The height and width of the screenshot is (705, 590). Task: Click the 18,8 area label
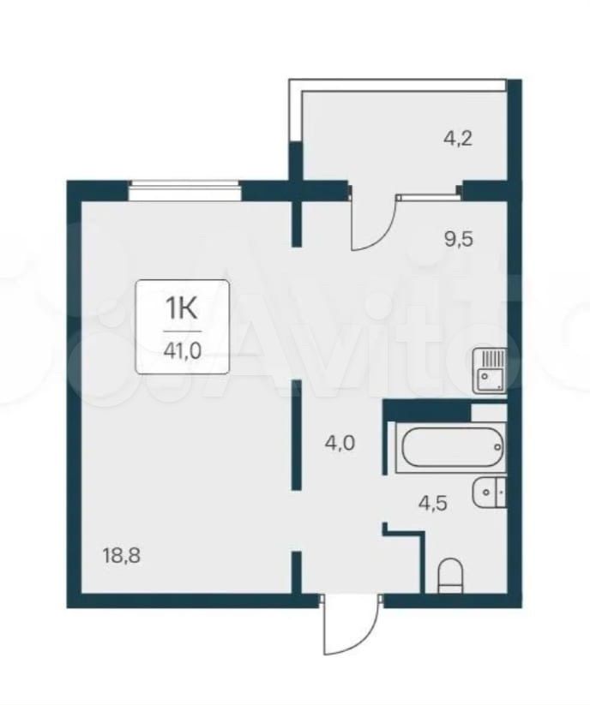tap(122, 556)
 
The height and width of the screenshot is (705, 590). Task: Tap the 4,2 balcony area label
tap(457, 139)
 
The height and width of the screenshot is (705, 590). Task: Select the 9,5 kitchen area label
tap(458, 239)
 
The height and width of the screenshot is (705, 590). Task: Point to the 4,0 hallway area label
tap(340, 444)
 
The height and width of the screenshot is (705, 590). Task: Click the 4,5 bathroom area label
tap(432, 503)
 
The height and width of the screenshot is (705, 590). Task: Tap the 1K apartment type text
tap(182, 308)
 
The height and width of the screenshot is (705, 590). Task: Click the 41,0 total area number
tap(183, 350)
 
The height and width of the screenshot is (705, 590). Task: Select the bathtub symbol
tap(451, 447)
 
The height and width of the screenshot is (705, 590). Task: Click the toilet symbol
tap(450, 576)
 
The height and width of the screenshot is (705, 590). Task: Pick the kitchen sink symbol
tap(490, 372)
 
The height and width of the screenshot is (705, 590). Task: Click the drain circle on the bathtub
tap(497, 447)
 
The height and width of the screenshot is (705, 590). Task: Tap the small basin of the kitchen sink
tap(485, 376)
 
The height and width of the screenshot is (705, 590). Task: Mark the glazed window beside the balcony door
tap(428, 195)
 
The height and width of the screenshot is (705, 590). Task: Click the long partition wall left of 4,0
tap(296, 435)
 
